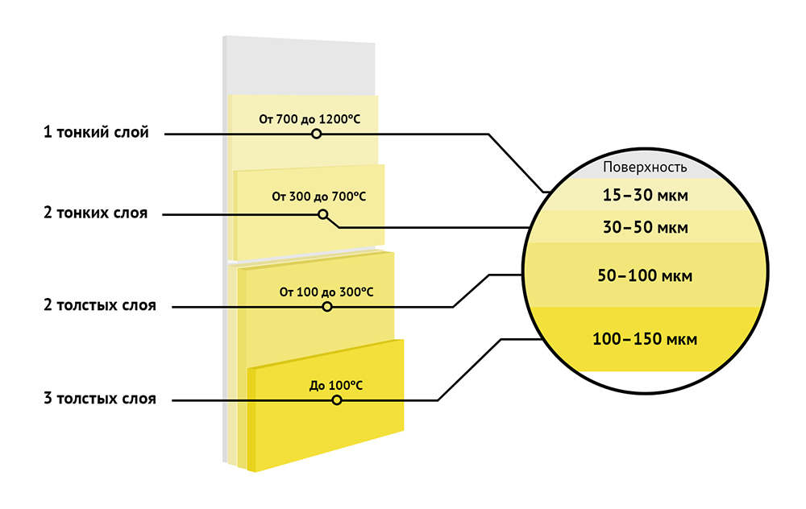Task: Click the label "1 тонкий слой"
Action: click(96, 133)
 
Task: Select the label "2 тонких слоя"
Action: click(95, 213)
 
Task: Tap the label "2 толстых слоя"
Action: click(100, 306)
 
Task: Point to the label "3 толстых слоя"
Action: click(100, 399)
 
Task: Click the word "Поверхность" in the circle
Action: click(646, 168)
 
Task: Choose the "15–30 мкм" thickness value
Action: click(645, 195)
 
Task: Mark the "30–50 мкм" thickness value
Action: click(645, 228)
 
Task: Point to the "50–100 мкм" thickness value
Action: click(645, 276)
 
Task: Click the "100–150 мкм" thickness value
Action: click(645, 339)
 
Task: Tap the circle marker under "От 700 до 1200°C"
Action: click(317, 134)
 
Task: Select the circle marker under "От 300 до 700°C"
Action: click(323, 214)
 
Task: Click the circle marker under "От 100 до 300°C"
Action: click(326, 307)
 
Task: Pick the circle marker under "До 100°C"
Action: click(337, 399)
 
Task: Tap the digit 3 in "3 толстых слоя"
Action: click(48, 399)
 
